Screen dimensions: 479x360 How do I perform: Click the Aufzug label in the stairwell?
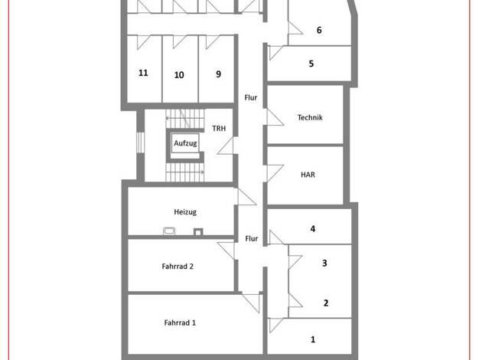pyautogui.click(x=185, y=143)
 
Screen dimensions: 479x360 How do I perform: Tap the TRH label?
pyautogui.click(x=219, y=129)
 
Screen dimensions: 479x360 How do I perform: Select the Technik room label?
pyautogui.click(x=310, y=117)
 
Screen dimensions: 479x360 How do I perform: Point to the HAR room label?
pyautogui.click(x=308, y=175)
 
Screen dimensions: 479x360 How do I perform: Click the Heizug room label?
pyautogui.click(x=185, y=212)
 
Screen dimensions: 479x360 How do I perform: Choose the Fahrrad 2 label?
pyautogui.click(x=178, y=267)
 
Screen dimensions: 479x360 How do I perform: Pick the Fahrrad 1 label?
pyautogui.click(x=180, y=322)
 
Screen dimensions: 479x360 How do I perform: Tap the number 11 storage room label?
pyautogui.click(x=143, y=73)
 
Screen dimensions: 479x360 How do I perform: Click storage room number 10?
pyautogui.click(x=179, y=75)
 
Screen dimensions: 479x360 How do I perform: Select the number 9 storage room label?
pyautogui.click(x=218, y=74)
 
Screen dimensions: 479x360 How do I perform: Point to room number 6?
pyautogui.click(x=319, y=30)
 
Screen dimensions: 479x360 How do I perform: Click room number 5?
pyautogui.click(x=311, y=64)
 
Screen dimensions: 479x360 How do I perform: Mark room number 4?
pyautogui.click(x=313, y=229)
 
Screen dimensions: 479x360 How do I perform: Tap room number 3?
pyautogui.click(x=324, y=263)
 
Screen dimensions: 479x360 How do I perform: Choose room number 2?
pyautogui.click(x=326, y=303)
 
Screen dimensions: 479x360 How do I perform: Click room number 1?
pyautogui.click(x=313, y=339)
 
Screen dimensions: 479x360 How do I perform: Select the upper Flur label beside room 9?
pyautogui.click(x=251, y=97)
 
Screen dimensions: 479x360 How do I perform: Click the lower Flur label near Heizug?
pyautogui.click(x=252, y=238)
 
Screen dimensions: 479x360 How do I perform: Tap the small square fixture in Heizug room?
pyautogui.click(x=198, y=232)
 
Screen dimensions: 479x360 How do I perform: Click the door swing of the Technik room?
pyautogui.click(x=275, y=117)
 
